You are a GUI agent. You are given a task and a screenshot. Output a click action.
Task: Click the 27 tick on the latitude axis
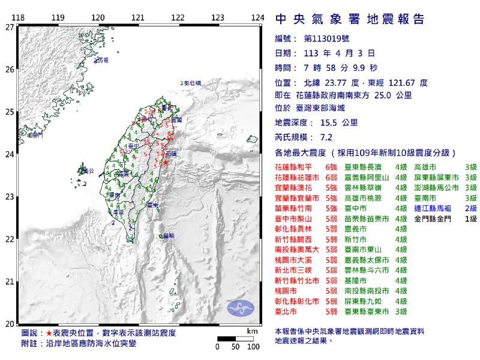point(9,27)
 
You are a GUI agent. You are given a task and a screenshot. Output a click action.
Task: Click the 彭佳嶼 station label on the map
point(194,83)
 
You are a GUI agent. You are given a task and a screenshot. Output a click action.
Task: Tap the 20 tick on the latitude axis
point(9,324)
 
